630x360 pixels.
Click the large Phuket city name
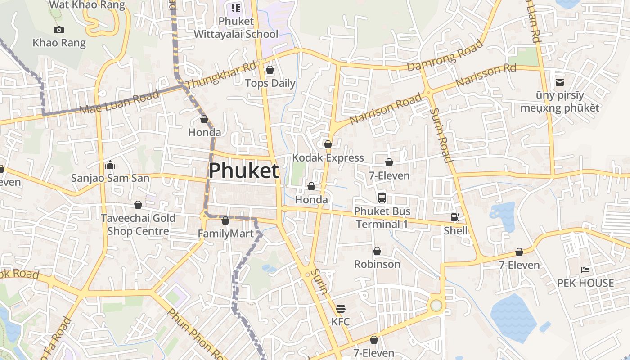click(x=244, y=171)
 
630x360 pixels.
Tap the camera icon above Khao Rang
click(x=58, y=30)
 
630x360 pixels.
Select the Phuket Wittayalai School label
click(x=236, y=27)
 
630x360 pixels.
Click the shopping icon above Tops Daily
click(x=270, y=70)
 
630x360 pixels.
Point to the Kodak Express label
click(x=328, y=158)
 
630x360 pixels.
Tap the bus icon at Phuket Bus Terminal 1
click(x=382, y=198)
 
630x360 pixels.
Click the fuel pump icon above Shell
click(x=455, y=217)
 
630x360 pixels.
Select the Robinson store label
click(x=377, y=264)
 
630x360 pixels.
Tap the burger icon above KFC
click(x=341, y=309)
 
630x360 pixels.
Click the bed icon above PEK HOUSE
click(x=585, y=270)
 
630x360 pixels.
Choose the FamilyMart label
click(x=225, y=234)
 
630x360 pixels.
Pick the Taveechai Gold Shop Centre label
click(x=138, y=225)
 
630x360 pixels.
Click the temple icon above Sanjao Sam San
click(x=110, y=165)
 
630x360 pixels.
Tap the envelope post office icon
click(x=560, y=82)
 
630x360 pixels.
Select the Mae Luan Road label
click(x=119, y=102)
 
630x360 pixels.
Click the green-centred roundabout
click(x=436, y=306)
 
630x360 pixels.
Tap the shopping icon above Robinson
click(x=377, y=251)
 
